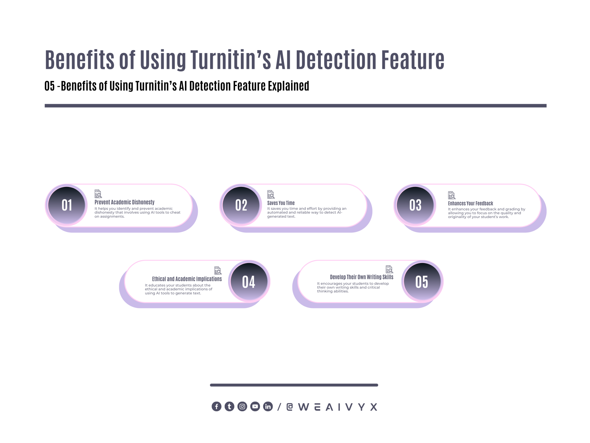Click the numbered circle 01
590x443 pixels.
pyautogui.click(x=67, y=205)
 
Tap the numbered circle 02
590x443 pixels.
pyautogui.click(x=241, y=205)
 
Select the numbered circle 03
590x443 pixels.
pyautogui.click(x=415, y=205)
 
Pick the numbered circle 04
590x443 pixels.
pyautogui.click(x=249, y=282)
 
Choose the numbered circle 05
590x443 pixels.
pyautogui.click(x=422, y=282)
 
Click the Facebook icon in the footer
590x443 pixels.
pyautogui.click(x=217, y=407)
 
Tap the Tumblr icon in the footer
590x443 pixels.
pyautogui.click(x=229, y=407)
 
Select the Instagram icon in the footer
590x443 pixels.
pyautogui.click(x=242, y=407)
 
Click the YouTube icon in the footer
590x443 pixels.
pyautogui.click(x=255, y=407)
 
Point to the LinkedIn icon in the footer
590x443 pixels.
pyautogui.click(x=268, y=407)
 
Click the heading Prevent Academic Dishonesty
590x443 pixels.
pyautogui.click(x=124, y=202)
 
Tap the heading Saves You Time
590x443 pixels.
pyautogui.click(x=281, y=203)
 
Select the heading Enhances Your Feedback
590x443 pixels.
pyautogui.click(x=470, y=203)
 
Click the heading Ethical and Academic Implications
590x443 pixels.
pyautogui.click(x=187, y=279)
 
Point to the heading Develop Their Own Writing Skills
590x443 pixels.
pyautogui.click(x=362, y=277)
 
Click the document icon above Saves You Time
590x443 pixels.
pyautogui.click(x=271, y=194)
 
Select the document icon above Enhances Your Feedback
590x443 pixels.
pyautogui.click(x=451, y=195)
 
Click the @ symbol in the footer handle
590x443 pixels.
pyautogui.click(x=290, y=407)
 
